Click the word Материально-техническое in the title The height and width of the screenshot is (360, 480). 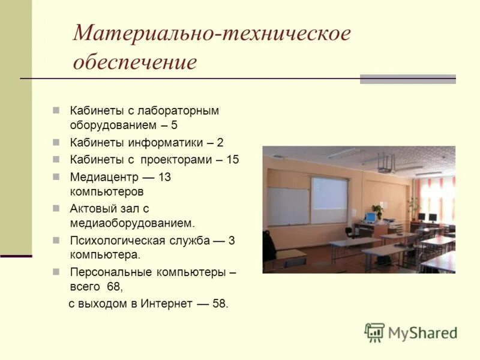211,33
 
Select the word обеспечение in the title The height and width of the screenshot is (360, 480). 135,62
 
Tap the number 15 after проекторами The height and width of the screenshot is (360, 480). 233,160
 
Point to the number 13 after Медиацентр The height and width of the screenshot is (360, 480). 164,178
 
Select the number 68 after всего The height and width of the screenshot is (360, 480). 114,287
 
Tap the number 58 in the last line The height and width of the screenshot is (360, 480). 220,304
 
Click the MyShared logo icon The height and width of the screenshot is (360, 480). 374,332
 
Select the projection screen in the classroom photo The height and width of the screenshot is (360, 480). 329,200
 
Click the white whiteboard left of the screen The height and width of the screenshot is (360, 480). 288,206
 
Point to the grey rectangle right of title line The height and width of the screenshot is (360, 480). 407,79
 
